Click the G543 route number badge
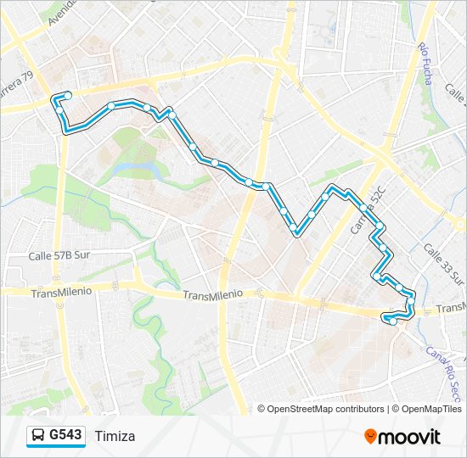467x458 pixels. (x=65, y=435)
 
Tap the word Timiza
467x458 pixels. (x=115, y=436)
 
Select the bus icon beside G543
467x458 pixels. (x=39, y=436)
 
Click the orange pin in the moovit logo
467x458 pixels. (x=371, y=436)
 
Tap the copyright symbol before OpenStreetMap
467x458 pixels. (x=262, y=409)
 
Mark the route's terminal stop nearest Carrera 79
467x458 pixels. (x=67, y=95)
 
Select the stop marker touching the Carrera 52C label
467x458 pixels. (x=363, y=207)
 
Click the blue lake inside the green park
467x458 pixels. (x=136, y=158)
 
